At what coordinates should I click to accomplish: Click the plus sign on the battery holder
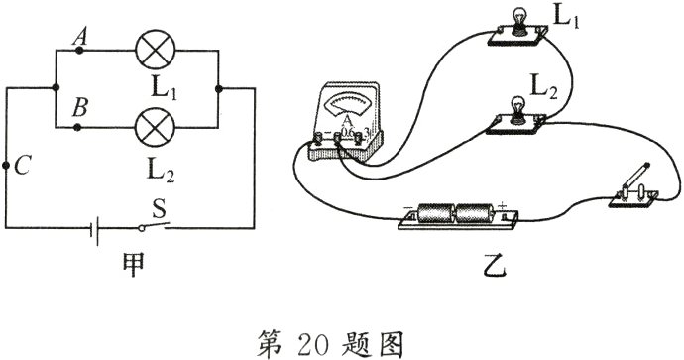tap(503, 206)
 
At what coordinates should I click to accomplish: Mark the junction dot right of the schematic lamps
tap(219, 88)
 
